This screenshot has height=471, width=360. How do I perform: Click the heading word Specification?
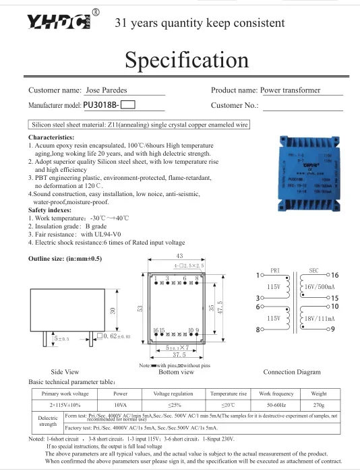click(x=187, y=60)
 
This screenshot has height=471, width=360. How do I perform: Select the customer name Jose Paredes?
click(x=107, y=90)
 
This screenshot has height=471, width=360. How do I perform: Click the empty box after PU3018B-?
click(x=128, y=105)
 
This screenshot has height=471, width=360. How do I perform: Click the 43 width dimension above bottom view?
click(x=179, y=257)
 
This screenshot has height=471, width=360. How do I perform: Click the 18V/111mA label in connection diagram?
click(x=322, y=318)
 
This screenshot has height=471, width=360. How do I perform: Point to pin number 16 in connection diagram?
click(x=334, y=276)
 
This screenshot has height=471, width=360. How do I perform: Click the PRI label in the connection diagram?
click(x=274, y=271)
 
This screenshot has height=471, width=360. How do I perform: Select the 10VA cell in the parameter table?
click(x=121, y=405)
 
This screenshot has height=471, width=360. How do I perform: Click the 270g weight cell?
click(x=319, y=405)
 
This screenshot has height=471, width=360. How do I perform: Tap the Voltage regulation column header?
click(x=173, y=393)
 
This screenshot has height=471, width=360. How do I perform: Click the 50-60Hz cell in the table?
click(x=276, y=405)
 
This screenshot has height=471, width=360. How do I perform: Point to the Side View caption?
click(x=65, y=371)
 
